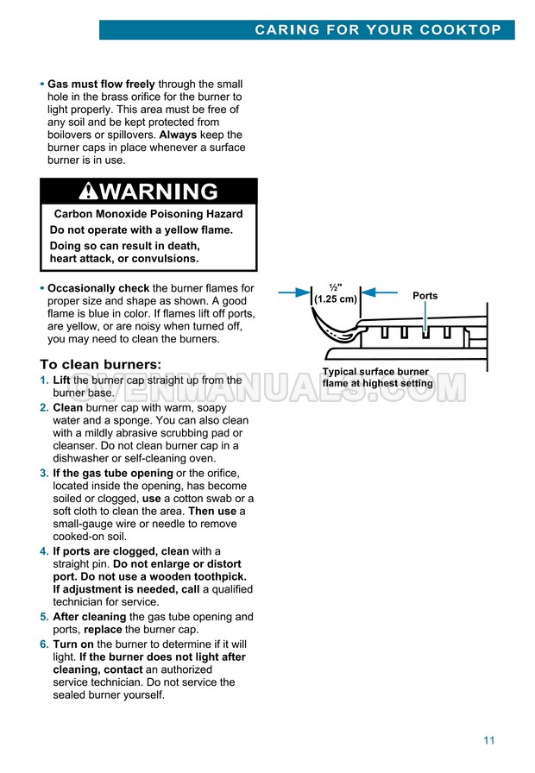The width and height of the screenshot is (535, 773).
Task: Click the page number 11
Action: tap(489, 739)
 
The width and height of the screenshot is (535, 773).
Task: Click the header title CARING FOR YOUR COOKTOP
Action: tap(378, 29)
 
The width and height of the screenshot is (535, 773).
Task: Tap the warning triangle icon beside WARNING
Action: tap(88, 191)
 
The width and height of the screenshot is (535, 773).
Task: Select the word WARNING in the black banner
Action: tap(159, 191)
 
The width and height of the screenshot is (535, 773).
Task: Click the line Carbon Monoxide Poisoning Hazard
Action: tap(148, 214)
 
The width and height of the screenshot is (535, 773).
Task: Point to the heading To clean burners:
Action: tap(101, 364)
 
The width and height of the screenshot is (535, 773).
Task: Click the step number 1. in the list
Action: tap(44, 380)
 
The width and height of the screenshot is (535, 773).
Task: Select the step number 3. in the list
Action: tap(44, 474)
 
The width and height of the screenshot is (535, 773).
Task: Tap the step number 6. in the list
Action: tap(44, 644)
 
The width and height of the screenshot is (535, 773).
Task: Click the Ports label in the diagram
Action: tap(425, 296)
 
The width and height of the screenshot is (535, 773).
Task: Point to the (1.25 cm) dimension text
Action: tap(336, 299)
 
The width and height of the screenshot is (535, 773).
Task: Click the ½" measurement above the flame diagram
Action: tap(336, 287)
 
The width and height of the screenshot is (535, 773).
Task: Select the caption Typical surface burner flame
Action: tap(377, 378)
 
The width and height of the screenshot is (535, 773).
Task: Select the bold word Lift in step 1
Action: tap(62, 380)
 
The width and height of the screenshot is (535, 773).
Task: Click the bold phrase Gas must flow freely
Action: tap(101, 85)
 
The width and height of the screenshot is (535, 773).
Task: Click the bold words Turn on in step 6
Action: tap(73, 644)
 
